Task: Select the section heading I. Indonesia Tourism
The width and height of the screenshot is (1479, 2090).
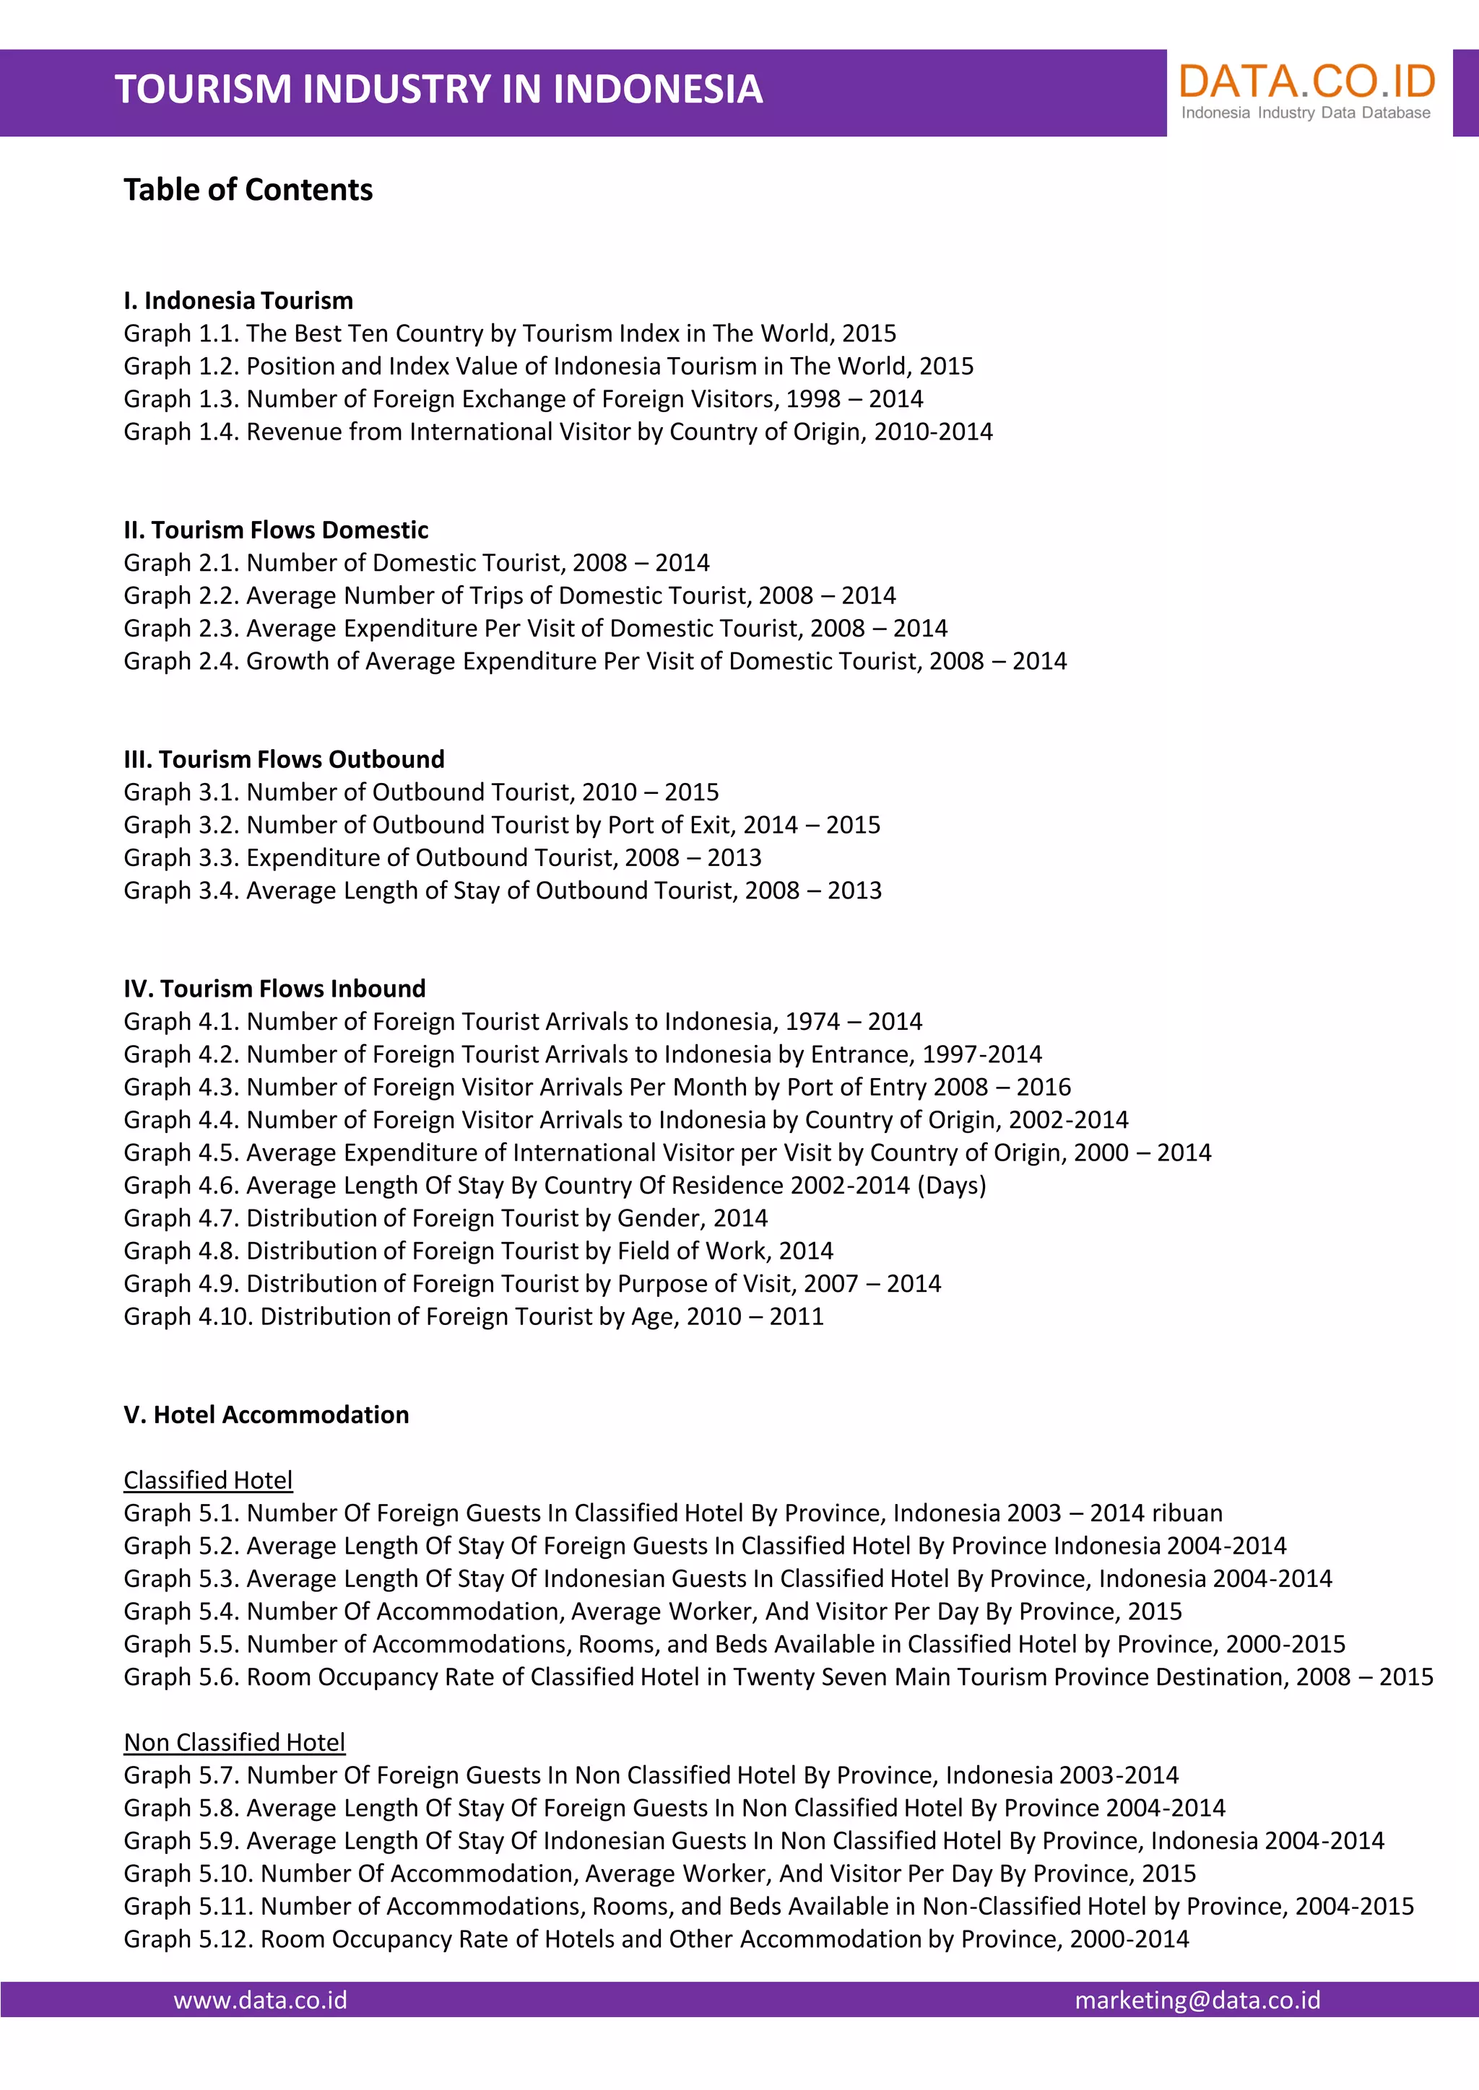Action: [x=238, y=300]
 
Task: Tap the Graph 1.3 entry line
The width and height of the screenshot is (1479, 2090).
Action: [x=524, y=398]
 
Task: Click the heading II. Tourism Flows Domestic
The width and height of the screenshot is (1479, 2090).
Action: [x=276, y=530]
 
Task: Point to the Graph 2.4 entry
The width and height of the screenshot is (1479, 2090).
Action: [x=594, y=661]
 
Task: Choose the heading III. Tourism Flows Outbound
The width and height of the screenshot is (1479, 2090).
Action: [x=284, y=759]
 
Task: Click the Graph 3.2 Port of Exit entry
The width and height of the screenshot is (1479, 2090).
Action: [x=502, y=825]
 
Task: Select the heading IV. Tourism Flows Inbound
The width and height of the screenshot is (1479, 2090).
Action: [x=275, y=989]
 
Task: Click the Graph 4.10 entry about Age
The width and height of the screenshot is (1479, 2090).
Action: [x=474, y=1316]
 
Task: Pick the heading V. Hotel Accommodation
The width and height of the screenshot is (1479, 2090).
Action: [x=266, y=1415]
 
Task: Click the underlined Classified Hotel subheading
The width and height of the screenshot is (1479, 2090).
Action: [x=208, y=1480]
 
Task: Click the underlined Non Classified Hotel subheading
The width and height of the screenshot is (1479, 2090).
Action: [x=234, y=1742]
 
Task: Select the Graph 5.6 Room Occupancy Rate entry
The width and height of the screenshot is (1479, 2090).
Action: [x=778, y=1676]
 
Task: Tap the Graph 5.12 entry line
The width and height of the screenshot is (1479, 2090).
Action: [x=656, y=1939]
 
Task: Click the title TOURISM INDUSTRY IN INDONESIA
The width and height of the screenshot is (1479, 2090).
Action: [x=438, y=89]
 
